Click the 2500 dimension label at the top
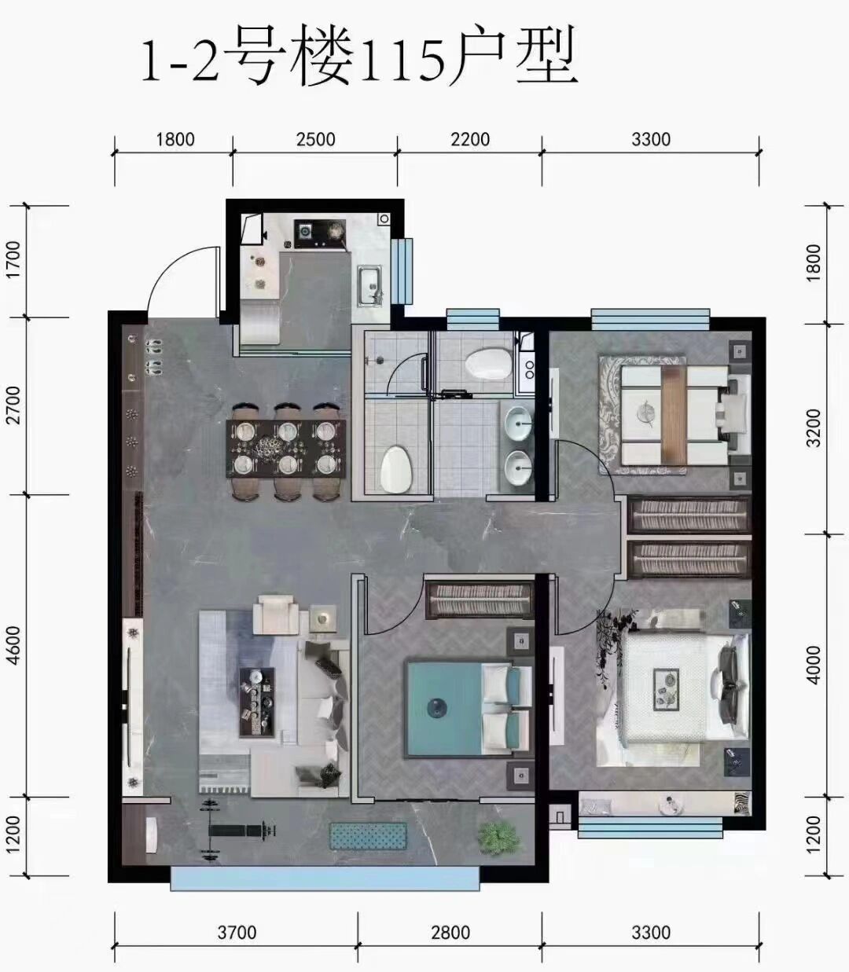coord(315,140)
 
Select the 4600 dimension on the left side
coord(14,645)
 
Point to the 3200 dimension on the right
coord(814,427)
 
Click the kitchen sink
coord(370,284)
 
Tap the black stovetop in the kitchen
coord(320,233)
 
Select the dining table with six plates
coord(286,448)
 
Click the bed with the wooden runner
coord(674,416)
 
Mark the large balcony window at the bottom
coord(325,878)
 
